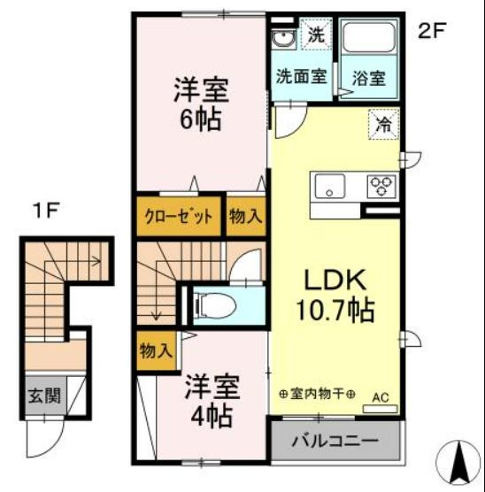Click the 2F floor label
coord(431,30)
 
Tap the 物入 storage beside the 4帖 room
coord(156,350)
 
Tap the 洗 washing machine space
coord(315,36)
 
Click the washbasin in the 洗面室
coord(285,39)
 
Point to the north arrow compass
coord(459,462)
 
